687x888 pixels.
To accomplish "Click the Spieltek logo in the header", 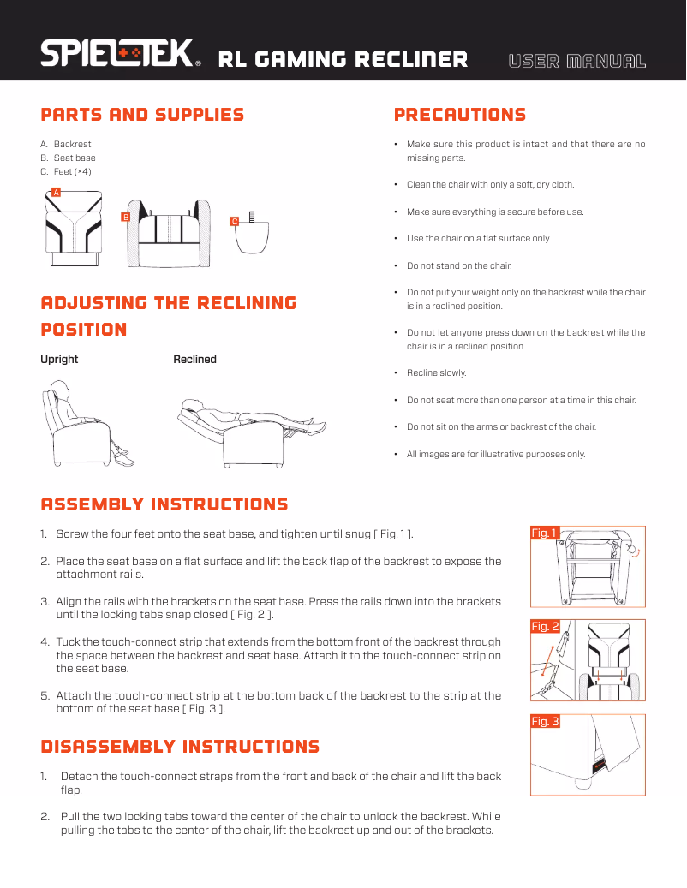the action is (121, 53).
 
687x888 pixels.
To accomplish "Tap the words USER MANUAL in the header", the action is (577, 61).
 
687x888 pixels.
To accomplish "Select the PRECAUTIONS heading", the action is (460, 115).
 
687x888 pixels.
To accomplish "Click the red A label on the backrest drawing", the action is (56, 192).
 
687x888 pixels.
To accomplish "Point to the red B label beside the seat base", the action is (126, 217).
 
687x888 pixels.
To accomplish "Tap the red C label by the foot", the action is (235, 222).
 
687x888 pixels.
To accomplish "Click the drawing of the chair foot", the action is (253, 233).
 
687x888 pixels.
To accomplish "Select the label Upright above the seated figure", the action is (59, 359).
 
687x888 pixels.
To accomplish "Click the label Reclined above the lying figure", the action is (194, 359).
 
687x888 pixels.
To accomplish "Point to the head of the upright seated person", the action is (60, 390).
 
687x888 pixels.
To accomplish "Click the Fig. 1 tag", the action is (545, 533).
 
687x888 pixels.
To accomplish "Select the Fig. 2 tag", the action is (545, 626).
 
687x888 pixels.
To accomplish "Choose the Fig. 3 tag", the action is (545, 721).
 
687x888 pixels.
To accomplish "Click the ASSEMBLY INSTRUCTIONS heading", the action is (164, 504).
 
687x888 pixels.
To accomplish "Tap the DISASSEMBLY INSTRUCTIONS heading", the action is (180, 747).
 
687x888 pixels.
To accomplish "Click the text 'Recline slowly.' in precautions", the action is (437, 372).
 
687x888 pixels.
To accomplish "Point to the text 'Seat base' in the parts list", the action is (75, 158).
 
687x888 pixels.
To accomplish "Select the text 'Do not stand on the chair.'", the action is (459, 265).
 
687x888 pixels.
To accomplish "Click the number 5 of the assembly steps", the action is (45, 696).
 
